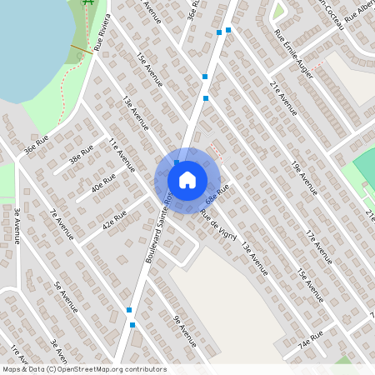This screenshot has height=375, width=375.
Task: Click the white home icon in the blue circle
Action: coord(187,179)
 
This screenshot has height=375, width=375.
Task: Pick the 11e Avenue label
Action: coord(121,155)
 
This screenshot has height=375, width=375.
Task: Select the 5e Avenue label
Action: coord(66,297)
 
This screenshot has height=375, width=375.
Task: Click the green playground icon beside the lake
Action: coord(87,5)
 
